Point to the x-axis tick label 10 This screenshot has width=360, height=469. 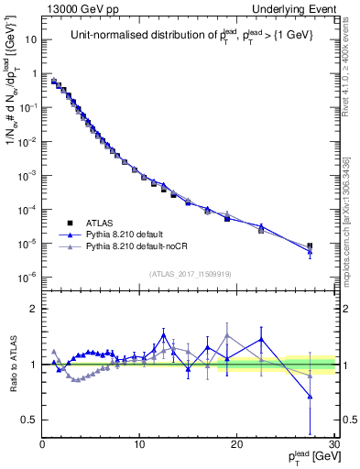(138, 443)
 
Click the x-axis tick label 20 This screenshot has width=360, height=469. (236, 443)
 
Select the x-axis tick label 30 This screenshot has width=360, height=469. (333, 443)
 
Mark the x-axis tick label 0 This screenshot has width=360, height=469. (42, 443)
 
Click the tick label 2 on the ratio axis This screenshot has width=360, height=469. (33, 309)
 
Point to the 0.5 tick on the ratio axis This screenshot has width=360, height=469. (29, 420)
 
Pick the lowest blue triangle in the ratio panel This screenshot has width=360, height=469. (310, 397)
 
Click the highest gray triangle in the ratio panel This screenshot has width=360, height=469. (227, 335)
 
